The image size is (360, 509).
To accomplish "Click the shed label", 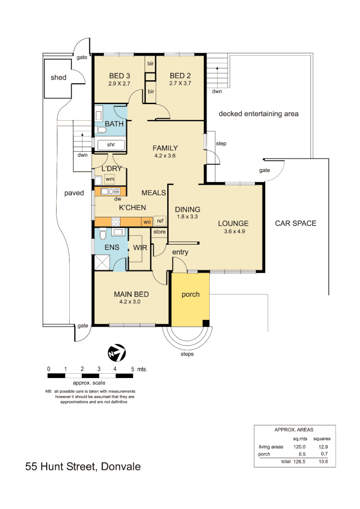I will click(x=58, y=77).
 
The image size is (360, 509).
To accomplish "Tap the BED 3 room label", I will click(x=119, y=76).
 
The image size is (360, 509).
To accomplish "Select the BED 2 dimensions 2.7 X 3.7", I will click(x=180, y=83).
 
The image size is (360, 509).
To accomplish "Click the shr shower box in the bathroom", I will click(x=111, y=145).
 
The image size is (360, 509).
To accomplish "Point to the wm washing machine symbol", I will click(x=109, y=179).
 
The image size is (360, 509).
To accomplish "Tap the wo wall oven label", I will click(x=147, y=222).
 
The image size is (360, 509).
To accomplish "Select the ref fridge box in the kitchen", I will click(x=160, y=221).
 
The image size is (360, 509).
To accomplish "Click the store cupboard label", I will click(x=159, y=232).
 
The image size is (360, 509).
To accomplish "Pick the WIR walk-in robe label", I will click(x=140, y=247).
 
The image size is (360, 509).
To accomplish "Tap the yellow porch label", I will click(x=190, y=295).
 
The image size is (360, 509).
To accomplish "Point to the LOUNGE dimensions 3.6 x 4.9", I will click(x=233, y=231).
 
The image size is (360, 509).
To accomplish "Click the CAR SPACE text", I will click(x=295, y=223).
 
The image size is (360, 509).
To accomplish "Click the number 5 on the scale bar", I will click(x=132, y=369).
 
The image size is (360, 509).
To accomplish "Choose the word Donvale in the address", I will click(x=120, y=467).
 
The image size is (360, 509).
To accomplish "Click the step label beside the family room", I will click(x=221, y=143).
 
